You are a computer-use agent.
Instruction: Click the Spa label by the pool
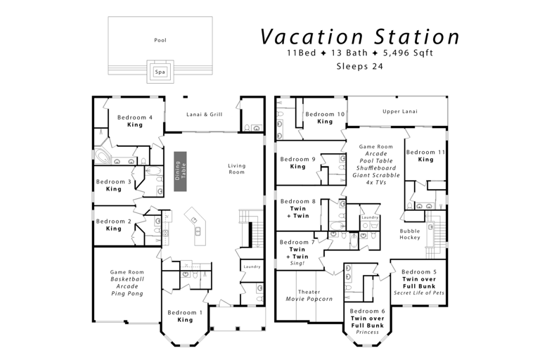pyautogui.click(x=160, y=72)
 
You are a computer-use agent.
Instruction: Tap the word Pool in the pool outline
pyautogui.click(x=160, y=40)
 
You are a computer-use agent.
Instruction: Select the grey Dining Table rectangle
pyautogui.click(x=180, y=172)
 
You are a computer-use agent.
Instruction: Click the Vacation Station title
pyautogui.click(x=360, y=37)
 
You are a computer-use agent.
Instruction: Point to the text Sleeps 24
pyautogui.click(x=359, y=66)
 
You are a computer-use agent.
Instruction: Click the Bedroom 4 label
pyautogui.click(x=135, y=117)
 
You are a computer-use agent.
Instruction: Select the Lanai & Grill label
pyautogui.click(x=204, y=115)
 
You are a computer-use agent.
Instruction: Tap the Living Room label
pyautogui.click(x=236, y=169)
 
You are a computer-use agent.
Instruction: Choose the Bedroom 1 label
pyautogui.click(x=185, y=313)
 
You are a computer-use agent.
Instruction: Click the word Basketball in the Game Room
pyautogui.click(x=127, y=279)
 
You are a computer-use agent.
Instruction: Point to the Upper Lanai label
pyautogui.click(x=400, y=112)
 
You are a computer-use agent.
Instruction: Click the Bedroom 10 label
pyautogui.click(x=325, y=115)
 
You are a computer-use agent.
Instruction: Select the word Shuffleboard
pyautogui.click(x=376, y=168)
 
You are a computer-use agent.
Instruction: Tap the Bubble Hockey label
pyautogui.click(x=410, y=234)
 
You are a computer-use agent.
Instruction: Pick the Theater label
pyautogui.click(x=309, y=292)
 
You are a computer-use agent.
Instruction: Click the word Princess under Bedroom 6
pyautogui.click(x=367, y=333)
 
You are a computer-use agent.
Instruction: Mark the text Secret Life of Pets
pyautogui.click(x=419, y=293)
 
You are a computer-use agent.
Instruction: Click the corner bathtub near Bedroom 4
pyautogui.click(x=101, y=157)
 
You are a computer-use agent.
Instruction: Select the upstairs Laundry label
pyautogui.click(x=370, y=217)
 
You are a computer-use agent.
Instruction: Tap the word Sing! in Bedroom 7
pyautogui.click(x=297, y=264)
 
